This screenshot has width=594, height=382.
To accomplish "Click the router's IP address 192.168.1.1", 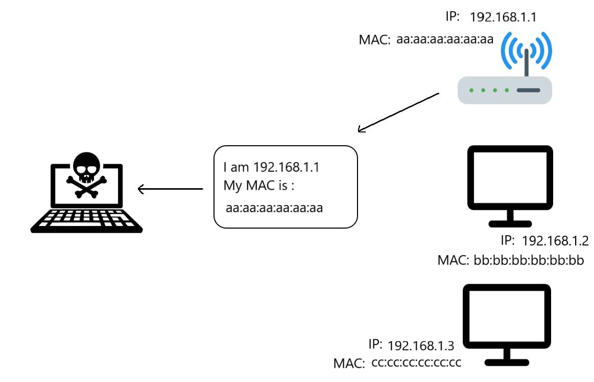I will pos(503,17).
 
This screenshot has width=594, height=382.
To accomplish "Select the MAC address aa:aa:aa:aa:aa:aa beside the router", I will pos(444,39).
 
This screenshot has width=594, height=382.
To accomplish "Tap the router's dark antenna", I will pos(526,61).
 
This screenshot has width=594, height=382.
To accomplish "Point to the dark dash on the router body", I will pos(528,91).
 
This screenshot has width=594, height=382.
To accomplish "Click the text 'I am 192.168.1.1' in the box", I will pos(271,167).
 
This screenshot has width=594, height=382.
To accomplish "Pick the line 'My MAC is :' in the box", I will pos(259,186).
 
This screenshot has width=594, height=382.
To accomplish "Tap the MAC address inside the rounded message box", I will pos(274,208).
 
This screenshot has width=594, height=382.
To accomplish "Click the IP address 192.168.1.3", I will pos(421,346).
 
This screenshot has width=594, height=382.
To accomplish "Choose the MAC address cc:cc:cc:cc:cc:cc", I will pos(416,363).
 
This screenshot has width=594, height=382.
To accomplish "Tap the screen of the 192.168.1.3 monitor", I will pos(506,316).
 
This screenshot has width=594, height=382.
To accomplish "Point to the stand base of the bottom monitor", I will pos(506,363).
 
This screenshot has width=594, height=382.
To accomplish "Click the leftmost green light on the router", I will pos(471,91).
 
